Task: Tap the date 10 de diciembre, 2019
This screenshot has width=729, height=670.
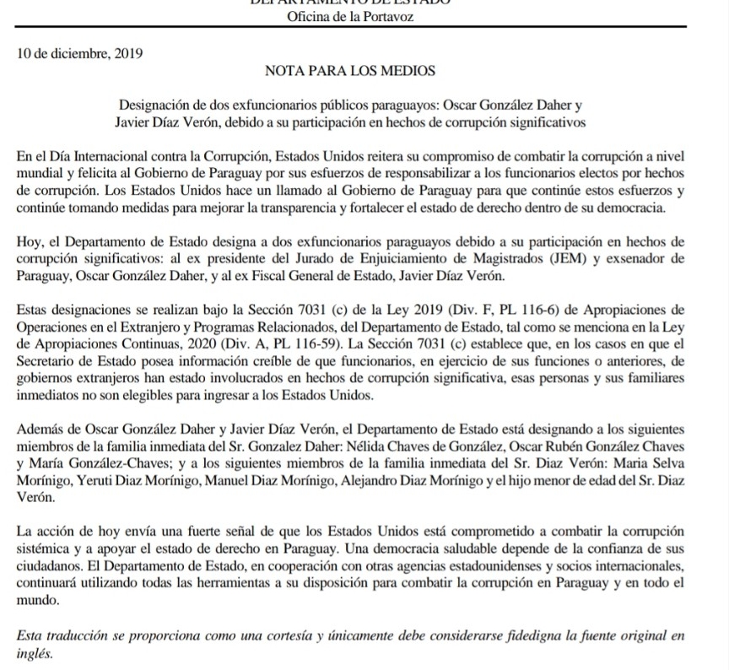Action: [80, 54]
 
